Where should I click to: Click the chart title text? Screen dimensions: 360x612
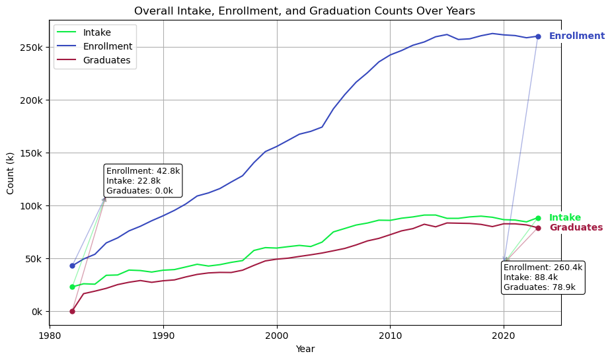tap(305, 11)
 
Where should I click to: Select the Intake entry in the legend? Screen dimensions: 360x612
tap(97, 32)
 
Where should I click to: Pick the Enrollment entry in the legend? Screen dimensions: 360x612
tap(108, 46)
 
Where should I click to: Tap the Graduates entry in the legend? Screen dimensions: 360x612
tap(106, 60)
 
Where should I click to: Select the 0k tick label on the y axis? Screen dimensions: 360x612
tap(38, 312)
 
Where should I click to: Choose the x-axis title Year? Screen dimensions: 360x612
tap(305, 349)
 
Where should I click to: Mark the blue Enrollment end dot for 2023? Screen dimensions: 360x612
tap(538, 36)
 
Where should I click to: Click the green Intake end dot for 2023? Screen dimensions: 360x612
tap(538, 218)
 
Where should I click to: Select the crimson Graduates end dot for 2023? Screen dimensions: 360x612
tap(538, 228)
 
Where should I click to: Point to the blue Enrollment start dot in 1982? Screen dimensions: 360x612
tap(72, 266)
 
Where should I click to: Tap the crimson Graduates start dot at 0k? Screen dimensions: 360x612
tap(72, 311)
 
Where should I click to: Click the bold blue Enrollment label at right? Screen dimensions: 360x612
tap(577, 36)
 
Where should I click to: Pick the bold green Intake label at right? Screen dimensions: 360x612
tap(565, 218)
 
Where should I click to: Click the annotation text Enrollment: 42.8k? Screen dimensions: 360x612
tap(143, 171)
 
